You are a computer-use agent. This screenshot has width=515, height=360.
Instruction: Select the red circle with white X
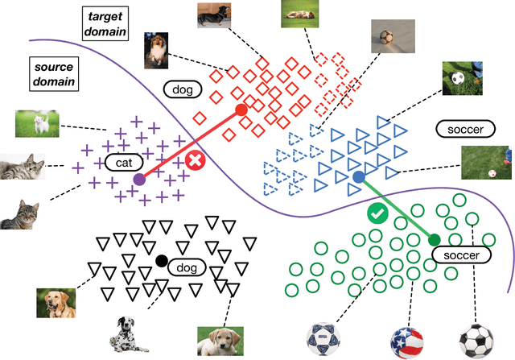(x=195, y=160)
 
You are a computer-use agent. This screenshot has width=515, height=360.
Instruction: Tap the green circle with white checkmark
(x=377, y=214)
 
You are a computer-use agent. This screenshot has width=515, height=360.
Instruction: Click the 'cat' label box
(x=122, y=163)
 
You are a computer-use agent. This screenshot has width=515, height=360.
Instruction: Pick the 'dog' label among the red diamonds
(x=182, y=89)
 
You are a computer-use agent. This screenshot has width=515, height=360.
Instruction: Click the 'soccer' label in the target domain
(x=457, y=128)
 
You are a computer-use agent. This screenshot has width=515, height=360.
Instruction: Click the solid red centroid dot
(x=239, y=110)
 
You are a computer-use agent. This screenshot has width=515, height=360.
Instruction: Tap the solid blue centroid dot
(x=358, y=176)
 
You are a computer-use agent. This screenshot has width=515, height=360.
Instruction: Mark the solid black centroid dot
(x=162, y=260)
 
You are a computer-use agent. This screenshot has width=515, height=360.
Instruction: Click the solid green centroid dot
(x=434, y=238)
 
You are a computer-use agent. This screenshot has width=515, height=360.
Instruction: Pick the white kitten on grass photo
(x=37, y=122)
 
